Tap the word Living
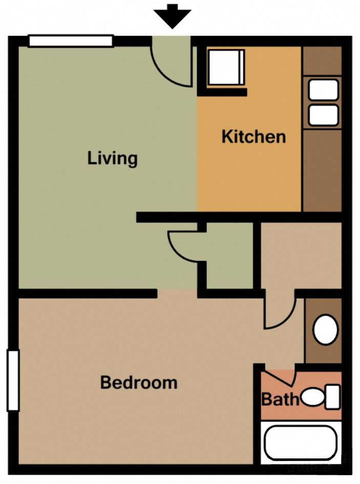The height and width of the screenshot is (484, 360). click(112, 158)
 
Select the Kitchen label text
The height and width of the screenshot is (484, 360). click(253, 137)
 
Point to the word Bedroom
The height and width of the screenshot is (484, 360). click(138, 382)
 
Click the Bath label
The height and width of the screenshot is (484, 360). click(280, 398)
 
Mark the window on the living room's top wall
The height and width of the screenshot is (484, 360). click(71, 41)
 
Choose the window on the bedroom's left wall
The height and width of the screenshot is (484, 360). click(13, 380)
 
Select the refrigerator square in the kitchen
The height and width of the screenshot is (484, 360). click(226, 68)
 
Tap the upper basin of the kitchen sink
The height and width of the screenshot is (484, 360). click(323, 90)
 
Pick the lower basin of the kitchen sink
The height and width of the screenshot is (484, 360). click(323, 115)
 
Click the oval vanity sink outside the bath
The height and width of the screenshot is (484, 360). click(325, 330)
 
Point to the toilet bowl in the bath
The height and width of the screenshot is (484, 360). click(312, 396)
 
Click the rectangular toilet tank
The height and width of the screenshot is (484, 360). click(332, 397)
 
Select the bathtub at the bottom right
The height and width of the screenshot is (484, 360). click(301, 443)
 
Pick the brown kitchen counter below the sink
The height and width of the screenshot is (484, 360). click(322, 169)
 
